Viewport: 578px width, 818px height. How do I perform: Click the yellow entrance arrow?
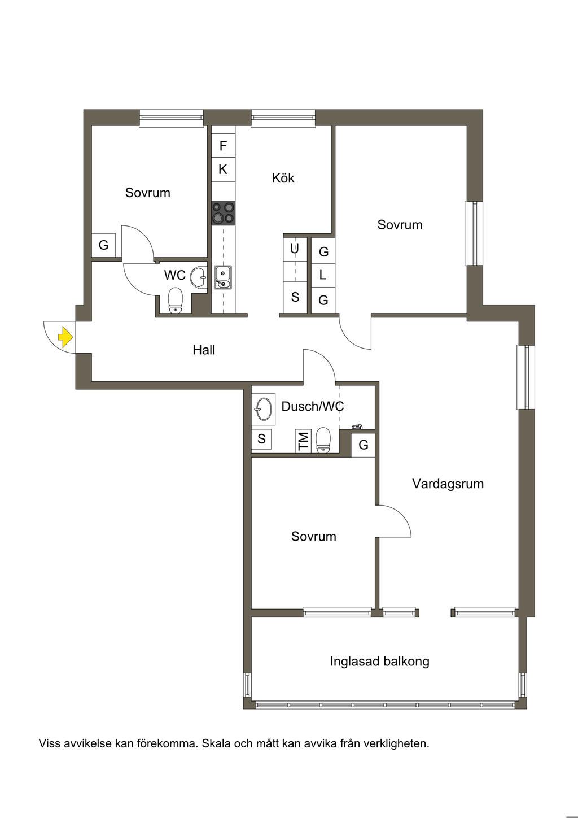pos(65,337)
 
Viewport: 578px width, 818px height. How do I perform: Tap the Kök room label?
pos(283,178)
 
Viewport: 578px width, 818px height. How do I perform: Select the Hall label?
pos(204,350)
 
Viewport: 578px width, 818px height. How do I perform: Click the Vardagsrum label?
pos(448,484)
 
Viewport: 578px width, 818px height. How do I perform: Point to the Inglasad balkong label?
pos(379,661)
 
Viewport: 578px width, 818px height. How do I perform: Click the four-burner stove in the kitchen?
pos(223,213)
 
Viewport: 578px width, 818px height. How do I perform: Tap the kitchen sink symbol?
pos(223,277)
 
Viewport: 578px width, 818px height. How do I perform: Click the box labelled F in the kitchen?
pos(223,146)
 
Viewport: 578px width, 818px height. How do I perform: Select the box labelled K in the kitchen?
pos(223,169)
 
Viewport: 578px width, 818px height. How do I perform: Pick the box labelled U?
pos(295,248)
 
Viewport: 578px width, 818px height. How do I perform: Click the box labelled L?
pos(323,275)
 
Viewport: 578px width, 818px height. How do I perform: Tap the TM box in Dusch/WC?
pos(304,441)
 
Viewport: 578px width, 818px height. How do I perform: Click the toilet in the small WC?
pos(176,300)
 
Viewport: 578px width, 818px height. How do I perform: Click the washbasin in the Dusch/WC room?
pos(264,408)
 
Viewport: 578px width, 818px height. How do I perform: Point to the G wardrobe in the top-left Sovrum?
pos(103,245)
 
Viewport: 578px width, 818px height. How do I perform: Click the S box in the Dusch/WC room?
pos(261,439)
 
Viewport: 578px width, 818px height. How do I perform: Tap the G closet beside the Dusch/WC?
pos(363,445)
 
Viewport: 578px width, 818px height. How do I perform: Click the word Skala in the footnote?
pos(216,743)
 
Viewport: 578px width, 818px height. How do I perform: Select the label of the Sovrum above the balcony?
pos(313,536)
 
